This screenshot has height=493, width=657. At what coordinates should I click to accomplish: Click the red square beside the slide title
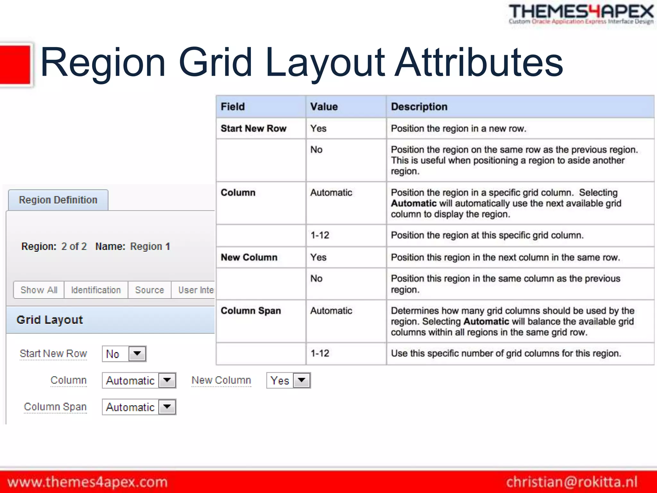[15, 65]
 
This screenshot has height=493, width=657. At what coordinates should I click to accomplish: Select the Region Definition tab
[58, 200]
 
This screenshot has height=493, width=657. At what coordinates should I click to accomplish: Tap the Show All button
[39, 290]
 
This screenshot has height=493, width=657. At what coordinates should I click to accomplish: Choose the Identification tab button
[96, 290]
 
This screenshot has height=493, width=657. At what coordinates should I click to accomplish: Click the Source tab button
[149, 290]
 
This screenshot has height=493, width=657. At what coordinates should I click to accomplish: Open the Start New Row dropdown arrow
[137, 354]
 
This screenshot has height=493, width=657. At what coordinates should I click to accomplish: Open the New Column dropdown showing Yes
[302, 380]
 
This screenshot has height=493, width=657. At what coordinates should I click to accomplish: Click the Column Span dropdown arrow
[167, 407]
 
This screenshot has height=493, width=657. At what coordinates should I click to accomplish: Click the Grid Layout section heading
[50, 320]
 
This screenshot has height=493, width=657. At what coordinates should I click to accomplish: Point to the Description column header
[419, 107]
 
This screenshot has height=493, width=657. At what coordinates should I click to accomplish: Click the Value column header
[324, 107]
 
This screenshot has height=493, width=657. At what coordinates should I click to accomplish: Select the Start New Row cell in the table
[253, 128]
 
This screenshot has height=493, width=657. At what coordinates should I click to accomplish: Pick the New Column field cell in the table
[249, 257]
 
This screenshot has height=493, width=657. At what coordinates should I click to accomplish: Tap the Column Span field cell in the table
[251, 311]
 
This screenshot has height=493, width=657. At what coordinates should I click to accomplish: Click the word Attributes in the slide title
[479, 62]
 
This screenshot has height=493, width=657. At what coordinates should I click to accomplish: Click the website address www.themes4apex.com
[88, 482]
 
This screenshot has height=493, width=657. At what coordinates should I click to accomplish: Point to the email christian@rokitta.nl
[572, 482]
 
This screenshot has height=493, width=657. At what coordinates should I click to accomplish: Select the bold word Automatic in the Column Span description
[486, 321]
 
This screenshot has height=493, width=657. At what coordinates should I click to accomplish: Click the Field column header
[233, 107]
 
